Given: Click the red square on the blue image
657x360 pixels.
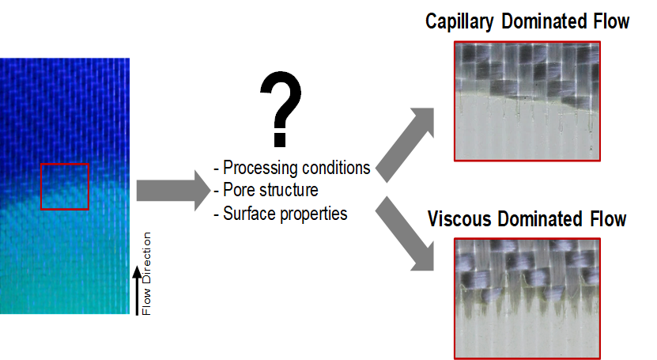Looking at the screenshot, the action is [x=41, y=187].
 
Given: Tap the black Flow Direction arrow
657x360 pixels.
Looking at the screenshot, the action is [x=137, y=290].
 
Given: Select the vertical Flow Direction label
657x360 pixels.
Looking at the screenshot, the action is [x=146, y=273].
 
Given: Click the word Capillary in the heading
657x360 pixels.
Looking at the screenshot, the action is [x=459, y=22].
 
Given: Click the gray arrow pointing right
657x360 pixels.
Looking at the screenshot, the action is [x=173, y=191].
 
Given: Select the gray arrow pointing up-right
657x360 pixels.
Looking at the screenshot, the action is [x=405, y=145].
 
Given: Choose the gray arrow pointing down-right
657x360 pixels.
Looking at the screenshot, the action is [x=405, y=233].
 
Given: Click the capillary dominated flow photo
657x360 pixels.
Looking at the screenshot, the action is [x=527, y=101].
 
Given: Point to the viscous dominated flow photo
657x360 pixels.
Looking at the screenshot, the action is [x=527, y=298].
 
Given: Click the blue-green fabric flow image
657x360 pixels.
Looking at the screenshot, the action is [x=65, y=186].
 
